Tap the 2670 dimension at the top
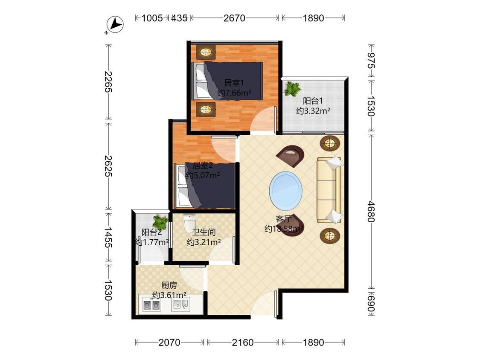click(234, 18)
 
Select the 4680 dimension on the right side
click(371, 212)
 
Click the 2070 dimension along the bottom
click(169, 342)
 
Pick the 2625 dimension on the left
click(108, 166)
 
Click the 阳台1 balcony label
click(313, 101)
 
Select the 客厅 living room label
click(283, 219)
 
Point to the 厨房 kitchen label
click(169, 285)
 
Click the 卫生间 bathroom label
click(204, 232)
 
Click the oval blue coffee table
click(286, 190)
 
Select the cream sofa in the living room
click(329, 190)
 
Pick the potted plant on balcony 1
click(292, 89)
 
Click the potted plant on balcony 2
click(160, 221)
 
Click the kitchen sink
click(181, 304)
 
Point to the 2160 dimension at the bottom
click(243, 342)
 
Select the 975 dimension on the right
click(371, 61)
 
